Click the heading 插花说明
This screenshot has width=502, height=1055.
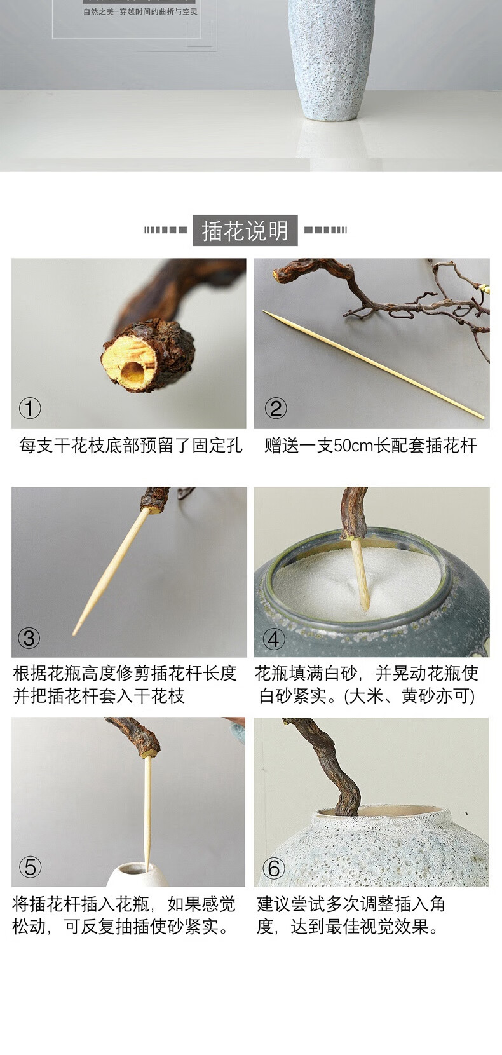coord(245,231)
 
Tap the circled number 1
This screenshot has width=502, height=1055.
coord(30,408)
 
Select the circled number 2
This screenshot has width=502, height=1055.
coord(276,408)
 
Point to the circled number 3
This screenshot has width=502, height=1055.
coord(29,637)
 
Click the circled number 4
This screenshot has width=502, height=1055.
coord(274,639)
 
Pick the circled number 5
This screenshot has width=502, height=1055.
coord(30,867)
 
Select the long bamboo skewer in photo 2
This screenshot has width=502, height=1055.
coord(374,364)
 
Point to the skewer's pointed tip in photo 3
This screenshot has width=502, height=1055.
coord(74,634)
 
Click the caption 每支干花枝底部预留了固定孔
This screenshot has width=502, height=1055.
coord(131,445)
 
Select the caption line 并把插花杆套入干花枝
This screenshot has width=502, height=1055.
coord(99,696)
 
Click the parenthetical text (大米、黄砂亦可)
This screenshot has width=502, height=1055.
coord(409,696)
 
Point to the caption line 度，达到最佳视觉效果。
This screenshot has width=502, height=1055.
coord(348,927)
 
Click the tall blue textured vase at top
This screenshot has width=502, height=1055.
coord(332,59)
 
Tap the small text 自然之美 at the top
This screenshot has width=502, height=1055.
coord(99,12)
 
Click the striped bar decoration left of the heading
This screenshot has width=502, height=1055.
coord(165,230)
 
